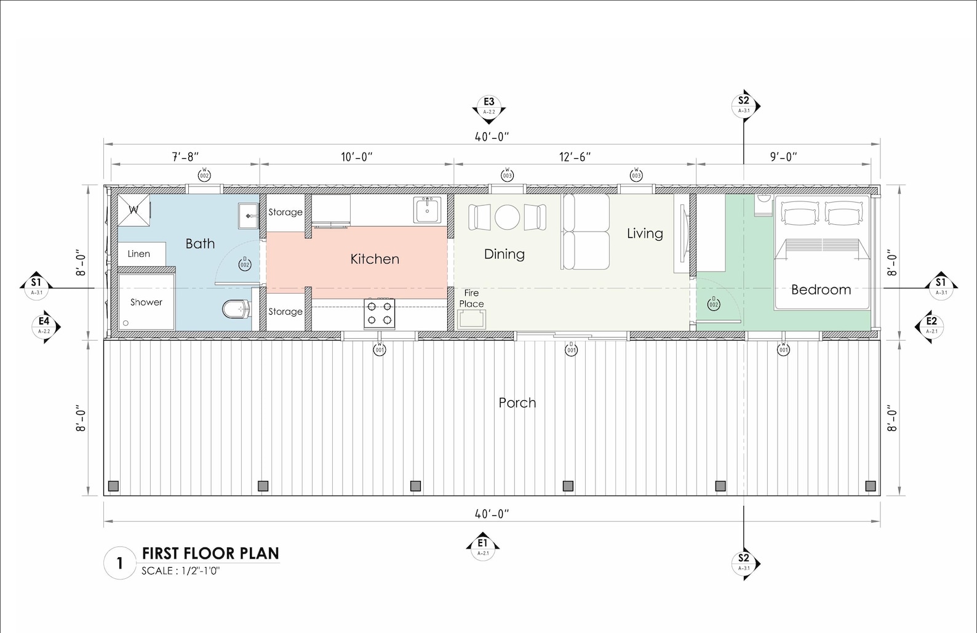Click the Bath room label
tap(200, 244)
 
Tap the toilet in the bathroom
tap(235, 308)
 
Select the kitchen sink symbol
tap(427, 210)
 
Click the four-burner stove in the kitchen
tap(380, 313)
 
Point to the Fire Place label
tap(471, 299)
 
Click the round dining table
tap(508, 217)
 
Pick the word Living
tap(645, 233)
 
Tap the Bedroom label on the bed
tap(821, 289)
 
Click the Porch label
tap(517, 403)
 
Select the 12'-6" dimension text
tap(575, 157)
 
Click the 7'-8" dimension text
tap(185, 157)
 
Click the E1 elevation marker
tap(483, 545)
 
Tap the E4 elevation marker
tap(44, 325)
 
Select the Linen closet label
tap(138, 254)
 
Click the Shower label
tap(146, 302)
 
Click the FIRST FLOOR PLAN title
tap(210, 553)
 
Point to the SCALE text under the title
tap(180, 571)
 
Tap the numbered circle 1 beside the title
tap(119, 563)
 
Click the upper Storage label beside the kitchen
tap(285, 212)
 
